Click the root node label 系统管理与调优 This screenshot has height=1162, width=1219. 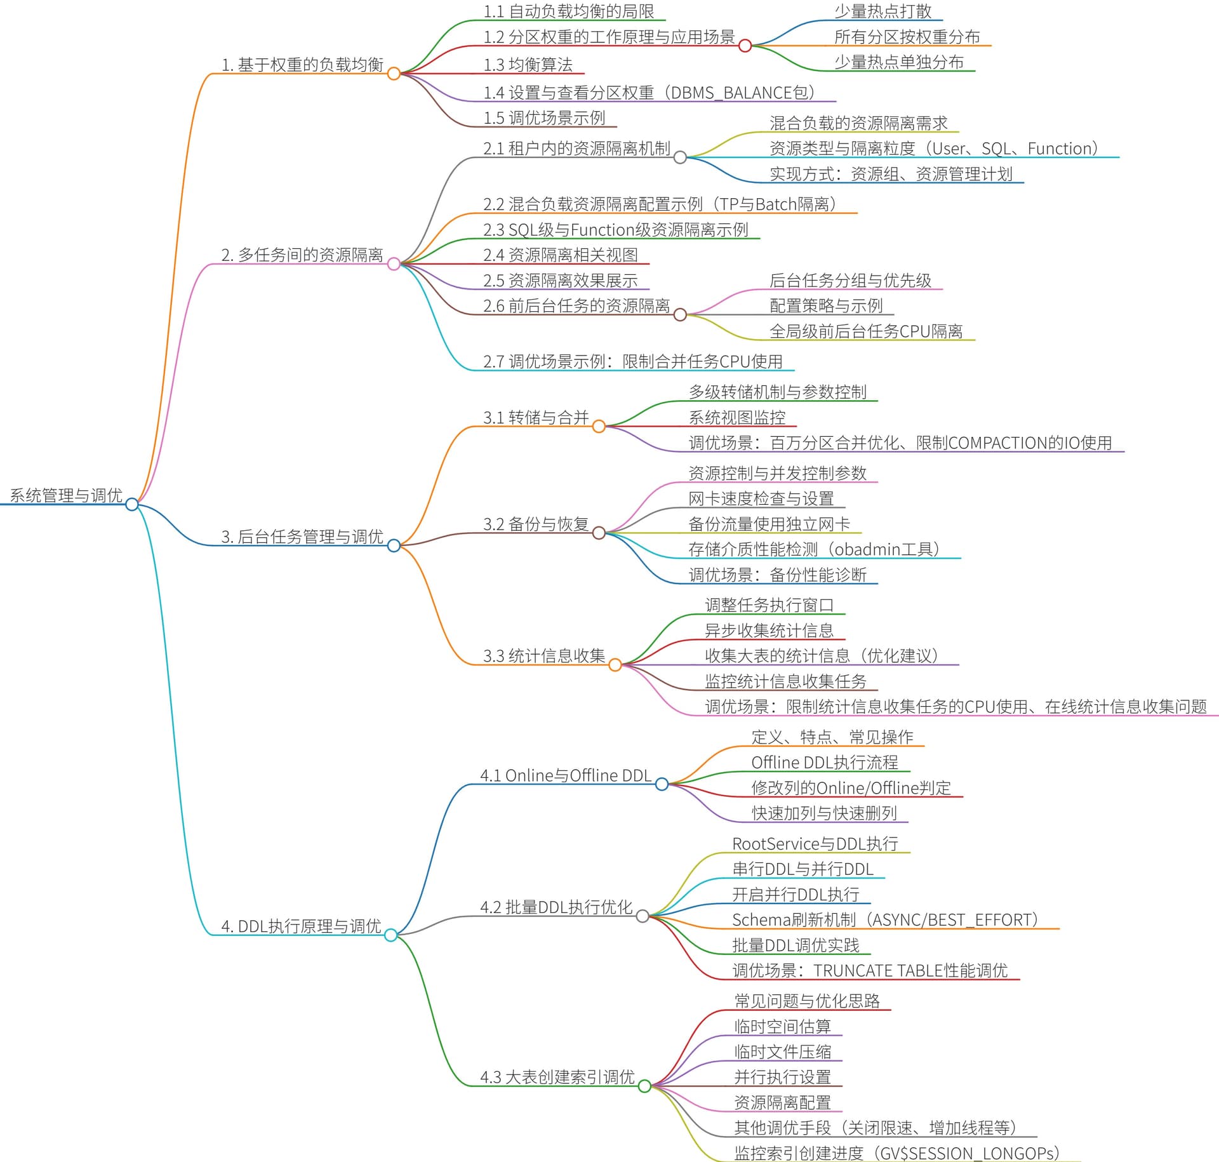66,495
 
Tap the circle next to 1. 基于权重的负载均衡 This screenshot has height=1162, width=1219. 394,74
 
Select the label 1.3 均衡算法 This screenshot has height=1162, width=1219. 528,65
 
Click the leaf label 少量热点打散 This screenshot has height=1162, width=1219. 883,11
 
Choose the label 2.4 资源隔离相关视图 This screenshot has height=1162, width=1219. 560,255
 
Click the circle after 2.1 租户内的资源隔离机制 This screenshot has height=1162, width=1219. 680,157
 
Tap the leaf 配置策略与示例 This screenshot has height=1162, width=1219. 826,306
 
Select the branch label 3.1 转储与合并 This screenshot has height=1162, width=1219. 536,418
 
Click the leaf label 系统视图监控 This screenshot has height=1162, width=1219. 737,418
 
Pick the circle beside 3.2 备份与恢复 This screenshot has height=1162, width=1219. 599,533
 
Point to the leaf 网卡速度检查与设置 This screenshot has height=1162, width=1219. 761,499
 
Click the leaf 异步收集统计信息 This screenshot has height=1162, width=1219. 769,631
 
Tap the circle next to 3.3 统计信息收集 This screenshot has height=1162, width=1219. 615,665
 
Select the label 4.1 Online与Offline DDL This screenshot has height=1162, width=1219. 566,775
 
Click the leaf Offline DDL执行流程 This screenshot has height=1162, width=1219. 825,763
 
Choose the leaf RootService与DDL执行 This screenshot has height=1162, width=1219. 815,844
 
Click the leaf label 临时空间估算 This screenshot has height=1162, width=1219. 782,1027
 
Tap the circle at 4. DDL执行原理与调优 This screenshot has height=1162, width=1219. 391,935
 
